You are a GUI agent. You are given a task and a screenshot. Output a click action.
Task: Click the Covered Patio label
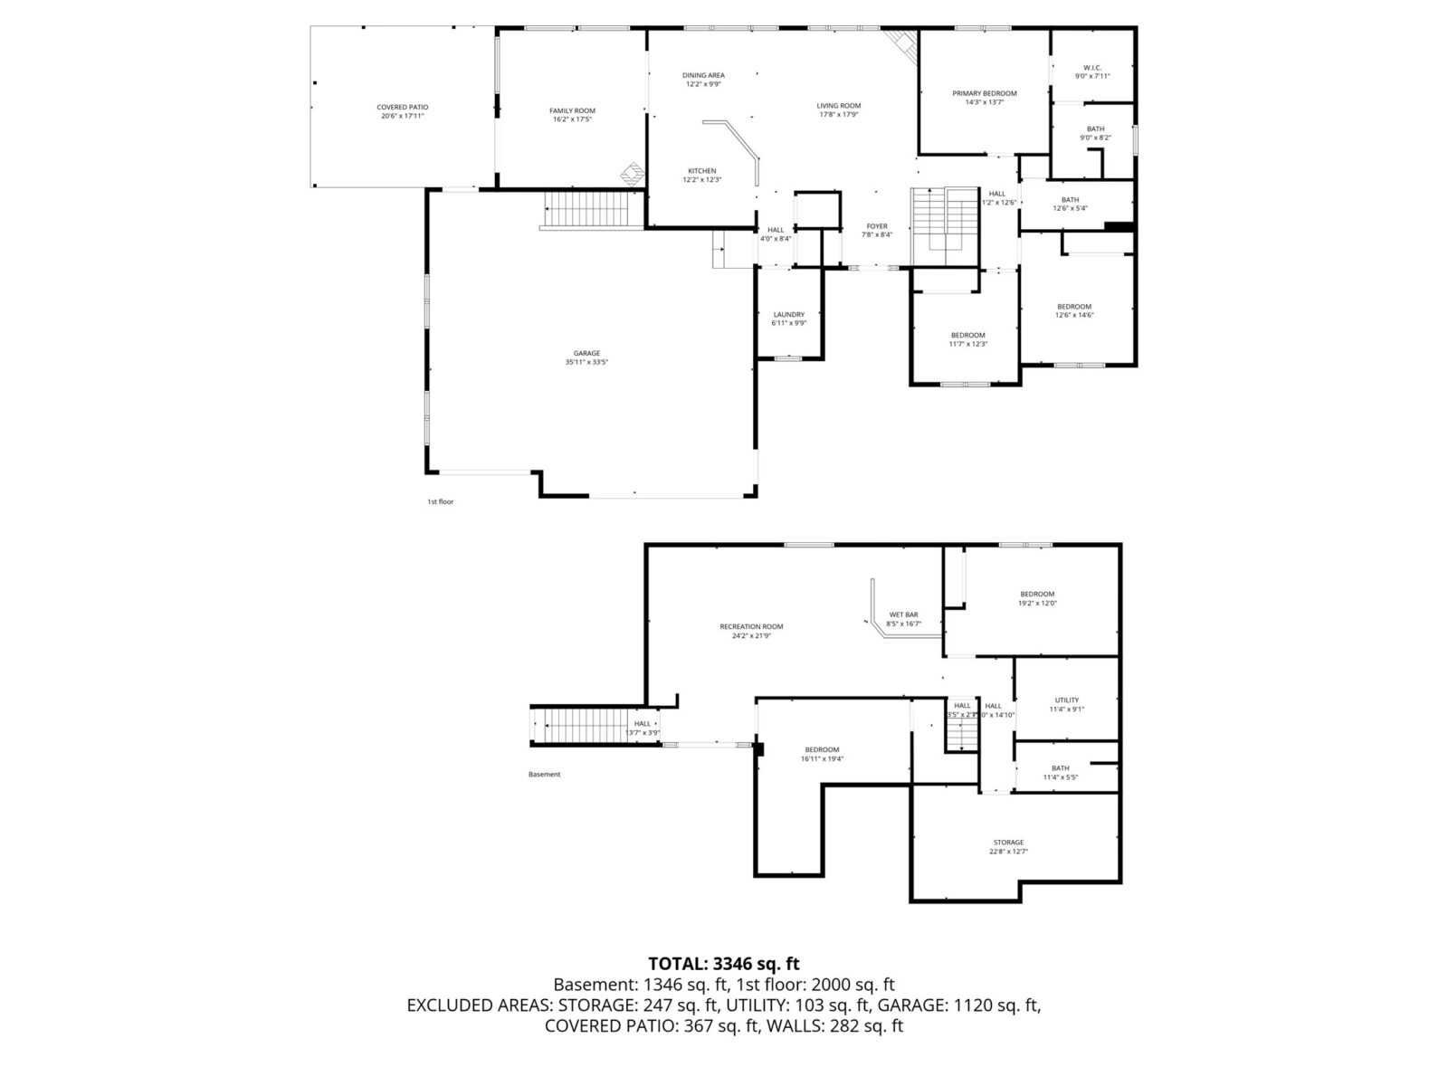coord(402,107)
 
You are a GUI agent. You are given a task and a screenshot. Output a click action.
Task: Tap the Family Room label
coord(572,110)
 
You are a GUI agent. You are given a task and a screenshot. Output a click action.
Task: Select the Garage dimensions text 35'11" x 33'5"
coord(586,362)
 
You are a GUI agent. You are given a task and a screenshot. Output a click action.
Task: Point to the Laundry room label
coord(788,315)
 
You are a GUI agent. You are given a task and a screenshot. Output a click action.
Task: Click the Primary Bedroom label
coord(985,93)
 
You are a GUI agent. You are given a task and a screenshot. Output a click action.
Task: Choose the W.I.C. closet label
coord(1091,67)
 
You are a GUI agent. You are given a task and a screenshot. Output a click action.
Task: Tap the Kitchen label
coord(701,171)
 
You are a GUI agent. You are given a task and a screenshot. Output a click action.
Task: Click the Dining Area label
coord(703,75)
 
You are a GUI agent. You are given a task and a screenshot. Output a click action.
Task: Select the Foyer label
coord(877,226)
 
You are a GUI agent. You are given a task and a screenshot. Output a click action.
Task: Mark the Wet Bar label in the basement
coord(903,614)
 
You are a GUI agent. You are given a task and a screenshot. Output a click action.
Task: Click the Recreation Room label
coord(751,626)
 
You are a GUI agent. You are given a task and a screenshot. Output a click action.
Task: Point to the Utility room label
coord(1066,700)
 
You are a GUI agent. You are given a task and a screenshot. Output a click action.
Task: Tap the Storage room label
coord(1008,843)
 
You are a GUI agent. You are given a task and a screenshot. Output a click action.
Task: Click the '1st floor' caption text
coord(441,501)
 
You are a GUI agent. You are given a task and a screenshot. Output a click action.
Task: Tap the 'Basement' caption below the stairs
coord(545,775)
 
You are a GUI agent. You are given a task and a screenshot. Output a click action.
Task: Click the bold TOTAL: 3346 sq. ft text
coord(724,964)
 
